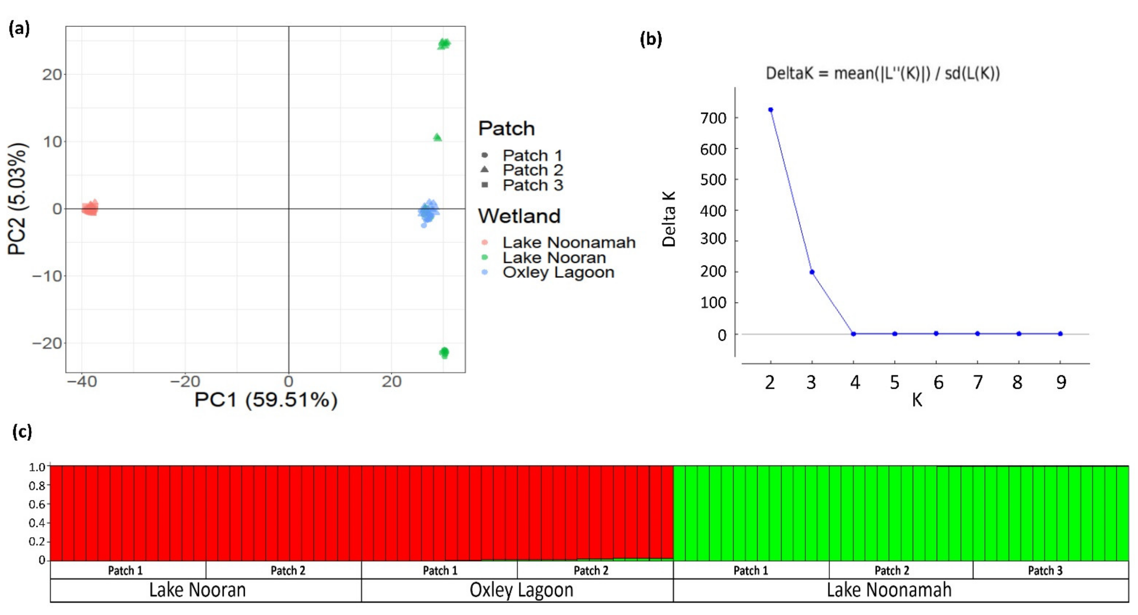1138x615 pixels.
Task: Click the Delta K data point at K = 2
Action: click(771, 110)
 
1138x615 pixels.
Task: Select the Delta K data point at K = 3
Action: click(812, 272)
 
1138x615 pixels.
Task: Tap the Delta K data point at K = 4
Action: click(853, 334)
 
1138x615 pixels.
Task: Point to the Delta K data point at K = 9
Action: click(1060, 334)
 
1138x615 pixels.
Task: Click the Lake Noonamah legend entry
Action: click(568, 242)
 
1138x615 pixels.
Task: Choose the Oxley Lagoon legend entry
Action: click(558, 272)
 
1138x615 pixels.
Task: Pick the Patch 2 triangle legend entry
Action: click(532, 170)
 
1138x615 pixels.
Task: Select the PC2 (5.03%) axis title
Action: click(18, 199)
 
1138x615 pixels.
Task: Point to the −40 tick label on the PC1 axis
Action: click(82, 381)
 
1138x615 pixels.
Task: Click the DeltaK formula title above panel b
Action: click(883, 73)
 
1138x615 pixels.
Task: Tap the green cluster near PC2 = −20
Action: click(444, 352)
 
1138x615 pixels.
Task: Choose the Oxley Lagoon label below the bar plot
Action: click(521, 590)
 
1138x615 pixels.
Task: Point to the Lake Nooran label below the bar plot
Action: click(197, 590)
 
